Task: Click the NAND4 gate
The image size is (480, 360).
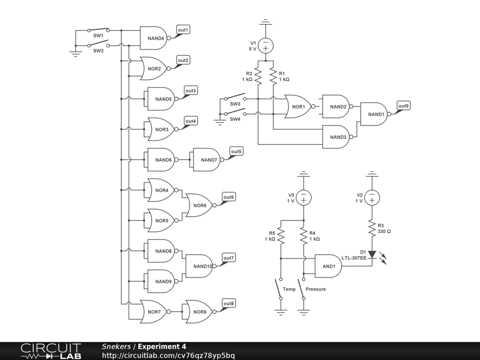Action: coord(155,38)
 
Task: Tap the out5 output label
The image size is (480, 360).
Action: coord(236,151)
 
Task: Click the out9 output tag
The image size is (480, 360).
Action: coord(404,106)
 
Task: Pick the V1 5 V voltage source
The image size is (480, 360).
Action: coord(266,46)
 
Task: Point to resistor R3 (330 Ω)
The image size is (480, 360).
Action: coord(372,229)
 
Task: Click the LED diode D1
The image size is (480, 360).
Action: coord(372,255)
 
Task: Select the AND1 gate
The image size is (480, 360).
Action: coord(328,266)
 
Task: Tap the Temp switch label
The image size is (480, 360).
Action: coord(289,289)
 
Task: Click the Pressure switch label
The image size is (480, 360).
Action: coord(315,289)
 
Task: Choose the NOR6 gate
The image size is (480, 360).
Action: coord(199,205)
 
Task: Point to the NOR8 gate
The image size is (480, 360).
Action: coord(199,312)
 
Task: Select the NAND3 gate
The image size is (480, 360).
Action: coord(337,137)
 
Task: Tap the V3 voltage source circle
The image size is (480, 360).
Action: coord(304,198)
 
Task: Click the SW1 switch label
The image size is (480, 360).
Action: coord(98,36)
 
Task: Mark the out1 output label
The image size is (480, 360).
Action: coord(183,30)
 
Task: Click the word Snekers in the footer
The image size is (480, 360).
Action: coord(116,346)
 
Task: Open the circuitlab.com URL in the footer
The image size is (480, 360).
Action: coord(168,355)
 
